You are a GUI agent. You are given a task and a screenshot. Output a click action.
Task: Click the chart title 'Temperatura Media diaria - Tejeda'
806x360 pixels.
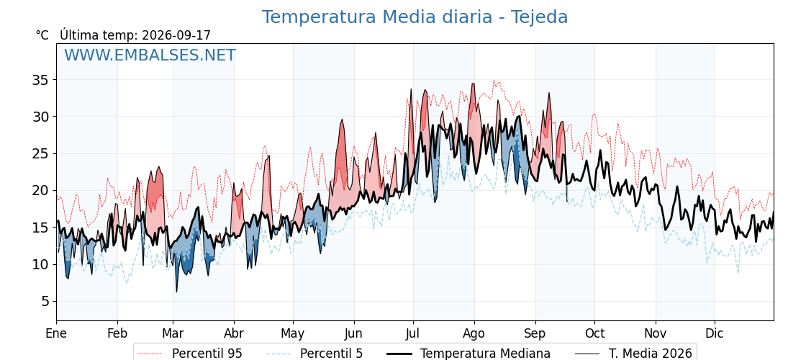[415, 17]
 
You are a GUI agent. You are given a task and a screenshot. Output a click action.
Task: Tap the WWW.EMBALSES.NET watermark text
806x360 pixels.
[150, 55]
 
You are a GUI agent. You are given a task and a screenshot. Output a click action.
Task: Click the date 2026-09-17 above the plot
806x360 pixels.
[176, 35]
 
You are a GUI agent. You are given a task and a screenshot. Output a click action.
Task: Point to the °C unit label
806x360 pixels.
[42, 35]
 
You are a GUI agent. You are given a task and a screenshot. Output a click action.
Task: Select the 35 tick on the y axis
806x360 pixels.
[41, 80]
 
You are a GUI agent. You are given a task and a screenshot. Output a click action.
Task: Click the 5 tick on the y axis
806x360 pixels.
[45, 302]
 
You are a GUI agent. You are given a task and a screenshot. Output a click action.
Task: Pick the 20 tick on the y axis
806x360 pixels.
[41, 191]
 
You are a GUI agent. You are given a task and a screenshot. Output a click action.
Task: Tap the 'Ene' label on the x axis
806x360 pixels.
[56, 334]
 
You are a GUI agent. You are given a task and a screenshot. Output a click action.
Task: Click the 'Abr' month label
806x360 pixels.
[234, 334]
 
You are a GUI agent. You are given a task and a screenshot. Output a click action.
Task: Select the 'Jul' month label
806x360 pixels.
[413, 334]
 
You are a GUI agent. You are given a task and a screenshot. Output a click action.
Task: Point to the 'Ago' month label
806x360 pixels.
[474, 334]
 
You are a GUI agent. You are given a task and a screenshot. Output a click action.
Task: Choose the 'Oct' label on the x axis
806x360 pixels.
[594, 334]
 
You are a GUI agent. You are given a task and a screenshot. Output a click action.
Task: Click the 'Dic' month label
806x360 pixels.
[715, 334]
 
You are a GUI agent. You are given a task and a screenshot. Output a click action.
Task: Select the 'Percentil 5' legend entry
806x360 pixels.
[314, 354]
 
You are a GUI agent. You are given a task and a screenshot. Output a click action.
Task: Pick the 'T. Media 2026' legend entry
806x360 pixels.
[634, 354]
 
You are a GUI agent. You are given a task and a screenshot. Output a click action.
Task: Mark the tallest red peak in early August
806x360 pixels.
[473, 84]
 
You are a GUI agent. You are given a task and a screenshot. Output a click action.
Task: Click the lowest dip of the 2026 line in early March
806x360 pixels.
[176, 292]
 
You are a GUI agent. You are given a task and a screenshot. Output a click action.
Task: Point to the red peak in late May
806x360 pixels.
[342, 120]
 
